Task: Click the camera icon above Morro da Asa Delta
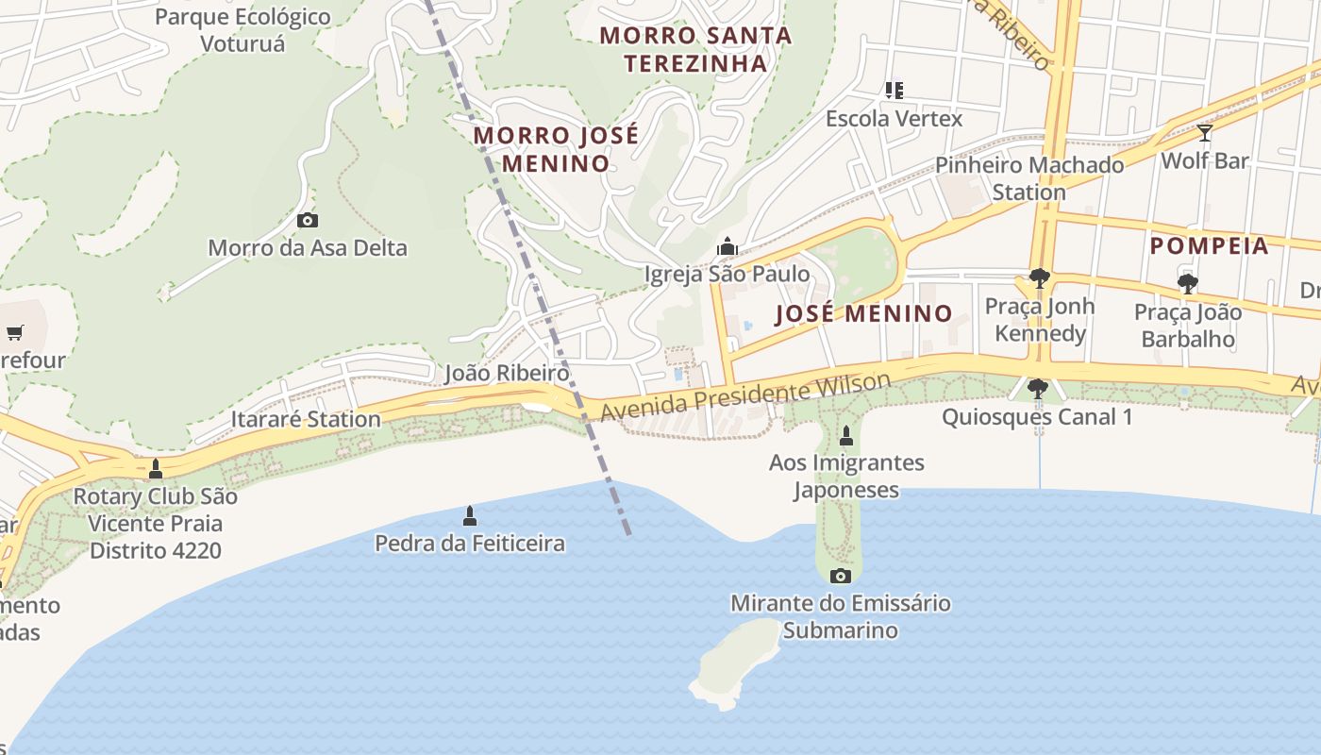[x=307, y=220]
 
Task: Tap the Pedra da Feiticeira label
[x=470, y=544]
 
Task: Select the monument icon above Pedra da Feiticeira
[x=470, y=515]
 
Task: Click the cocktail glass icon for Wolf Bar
[x=1204, y=132]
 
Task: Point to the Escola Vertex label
[x=894, y=119]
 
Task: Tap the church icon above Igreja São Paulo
[x=727, y=246]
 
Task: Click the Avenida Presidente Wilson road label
[x=745, y=397]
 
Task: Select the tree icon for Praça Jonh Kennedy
[x=1040, y=278]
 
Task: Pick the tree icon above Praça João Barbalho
[x=1187, y=283]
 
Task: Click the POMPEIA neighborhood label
[x=1209, y=246]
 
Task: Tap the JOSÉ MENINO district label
[x=863, y=313]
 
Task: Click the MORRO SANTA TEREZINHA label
[x=695, y=49]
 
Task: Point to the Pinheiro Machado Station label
[x=1029, y=178]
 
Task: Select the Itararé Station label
[x=306, y=419]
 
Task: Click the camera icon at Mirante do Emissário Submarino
[x=840, y=576]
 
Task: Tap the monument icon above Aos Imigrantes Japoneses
[x=845, y=436]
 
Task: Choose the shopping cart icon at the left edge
[x=14, y=332]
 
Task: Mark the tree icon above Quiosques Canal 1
[x=1037, y=388]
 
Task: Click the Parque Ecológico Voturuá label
[x=242, y=30]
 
